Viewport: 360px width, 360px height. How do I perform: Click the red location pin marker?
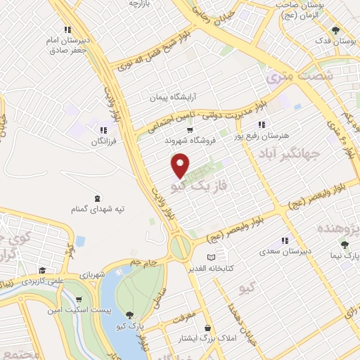coord(181,165)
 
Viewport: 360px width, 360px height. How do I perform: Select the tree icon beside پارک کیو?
coord(128,315)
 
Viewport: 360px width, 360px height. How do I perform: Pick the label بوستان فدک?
coord(332,41)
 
